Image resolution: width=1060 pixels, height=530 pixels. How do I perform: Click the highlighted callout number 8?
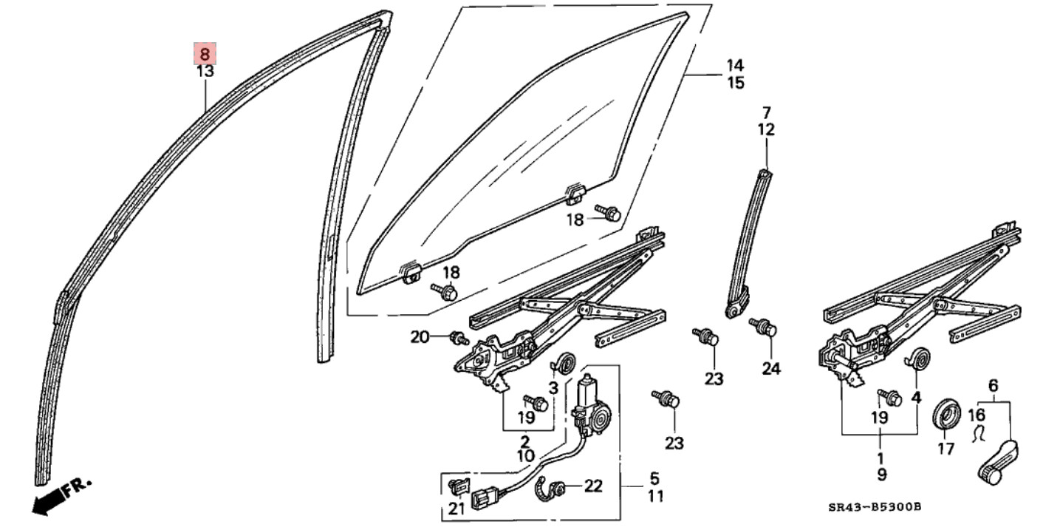coord(205,54)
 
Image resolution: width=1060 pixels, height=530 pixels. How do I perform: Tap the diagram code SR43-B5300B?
coord(875,506)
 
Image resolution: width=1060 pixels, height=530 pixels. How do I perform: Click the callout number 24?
coord(770,367)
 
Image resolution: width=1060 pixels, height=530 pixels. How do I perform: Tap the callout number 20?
coord(420,337)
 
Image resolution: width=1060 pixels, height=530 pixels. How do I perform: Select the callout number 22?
coord(593,486)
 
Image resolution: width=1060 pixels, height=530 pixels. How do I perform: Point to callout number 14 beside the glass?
coord(735,64)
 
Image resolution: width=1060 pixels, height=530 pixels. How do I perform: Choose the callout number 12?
coord(766,130)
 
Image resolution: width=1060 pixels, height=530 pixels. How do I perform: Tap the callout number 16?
coord(977,414)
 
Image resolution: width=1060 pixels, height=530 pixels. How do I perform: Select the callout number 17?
coord(946,449)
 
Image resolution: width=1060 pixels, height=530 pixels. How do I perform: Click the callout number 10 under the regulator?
coord(525,456)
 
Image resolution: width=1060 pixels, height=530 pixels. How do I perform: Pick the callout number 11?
coord(655,497)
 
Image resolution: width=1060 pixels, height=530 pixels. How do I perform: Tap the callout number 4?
coord(917,396)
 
